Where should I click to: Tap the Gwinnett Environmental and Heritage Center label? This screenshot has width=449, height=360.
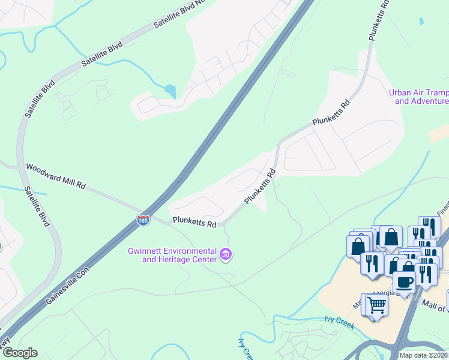coord(172,255)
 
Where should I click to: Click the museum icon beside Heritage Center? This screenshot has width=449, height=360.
coord(226,255)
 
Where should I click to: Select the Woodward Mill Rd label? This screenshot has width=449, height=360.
coord(55,176)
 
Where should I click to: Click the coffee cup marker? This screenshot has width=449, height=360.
coord(404,282)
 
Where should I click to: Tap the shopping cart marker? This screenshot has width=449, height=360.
coord(376,305)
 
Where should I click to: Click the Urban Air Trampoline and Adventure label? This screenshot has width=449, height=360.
coord(418,97)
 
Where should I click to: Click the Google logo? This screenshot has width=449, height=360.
coord(19,353)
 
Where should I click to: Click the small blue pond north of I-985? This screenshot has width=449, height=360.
coord(170,91)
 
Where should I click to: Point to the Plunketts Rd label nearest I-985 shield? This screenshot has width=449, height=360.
coord(194,223)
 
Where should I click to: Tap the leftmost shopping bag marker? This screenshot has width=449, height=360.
coord(358,246)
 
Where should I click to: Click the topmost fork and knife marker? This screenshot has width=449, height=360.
coord(430,227)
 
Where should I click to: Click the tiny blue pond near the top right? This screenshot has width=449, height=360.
coord(421,21)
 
